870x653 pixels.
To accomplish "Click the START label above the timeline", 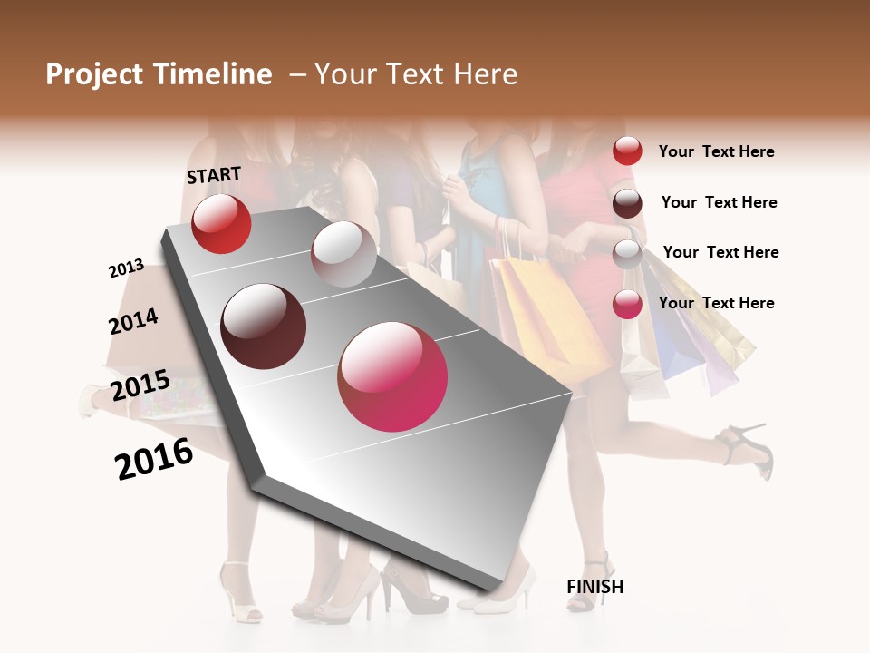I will (214, 175).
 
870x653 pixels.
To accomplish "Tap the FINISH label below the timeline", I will (594, 587).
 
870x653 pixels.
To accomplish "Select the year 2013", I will (127, 268).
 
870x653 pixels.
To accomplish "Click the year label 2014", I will (133, 321).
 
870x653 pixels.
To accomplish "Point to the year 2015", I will (140, 385).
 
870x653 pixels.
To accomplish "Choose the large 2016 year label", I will (154, 459).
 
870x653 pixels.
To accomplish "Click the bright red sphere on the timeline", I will (221, 223).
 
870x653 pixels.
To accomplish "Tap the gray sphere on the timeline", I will (343, 254).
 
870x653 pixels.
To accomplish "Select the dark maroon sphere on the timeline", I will (264, 326).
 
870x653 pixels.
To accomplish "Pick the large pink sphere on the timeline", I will (392, 376).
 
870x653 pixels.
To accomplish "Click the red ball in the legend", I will (627, 151).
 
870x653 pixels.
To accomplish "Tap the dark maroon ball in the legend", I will (627, 203).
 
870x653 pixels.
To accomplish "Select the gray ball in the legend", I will (627, 254).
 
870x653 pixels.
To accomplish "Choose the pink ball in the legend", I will (627, 304).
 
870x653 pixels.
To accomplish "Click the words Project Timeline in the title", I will (159, 74).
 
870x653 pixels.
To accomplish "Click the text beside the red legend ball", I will (716, 151).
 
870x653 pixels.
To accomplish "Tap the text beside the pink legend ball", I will (716, 303).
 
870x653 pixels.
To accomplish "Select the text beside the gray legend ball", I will (720, 252).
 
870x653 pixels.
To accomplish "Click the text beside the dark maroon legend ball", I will (719, 202).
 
